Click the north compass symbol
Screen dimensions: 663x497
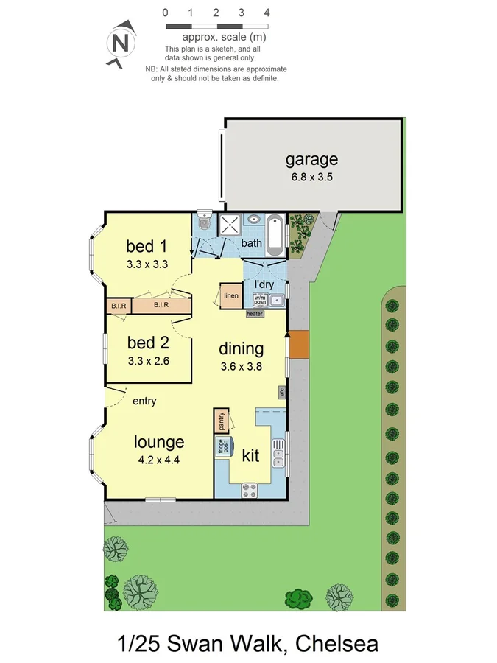click(120, 43)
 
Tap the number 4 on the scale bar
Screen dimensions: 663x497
click(267, 13)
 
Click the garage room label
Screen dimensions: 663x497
click(311, 159)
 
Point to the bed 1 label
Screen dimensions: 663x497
click(148, 245)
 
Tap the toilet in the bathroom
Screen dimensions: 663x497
click(204, 222)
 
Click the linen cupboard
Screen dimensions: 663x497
click(230, 295)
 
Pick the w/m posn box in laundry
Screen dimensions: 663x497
click(261, 300)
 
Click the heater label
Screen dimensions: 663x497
click(255, 314)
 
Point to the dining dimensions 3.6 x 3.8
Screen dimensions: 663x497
click(242, 366)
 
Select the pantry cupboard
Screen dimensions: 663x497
click(221, 421)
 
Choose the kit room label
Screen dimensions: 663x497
click(250, 456)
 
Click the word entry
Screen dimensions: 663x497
click(144, 401)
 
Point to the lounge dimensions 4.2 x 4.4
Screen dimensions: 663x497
click(158, 460)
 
